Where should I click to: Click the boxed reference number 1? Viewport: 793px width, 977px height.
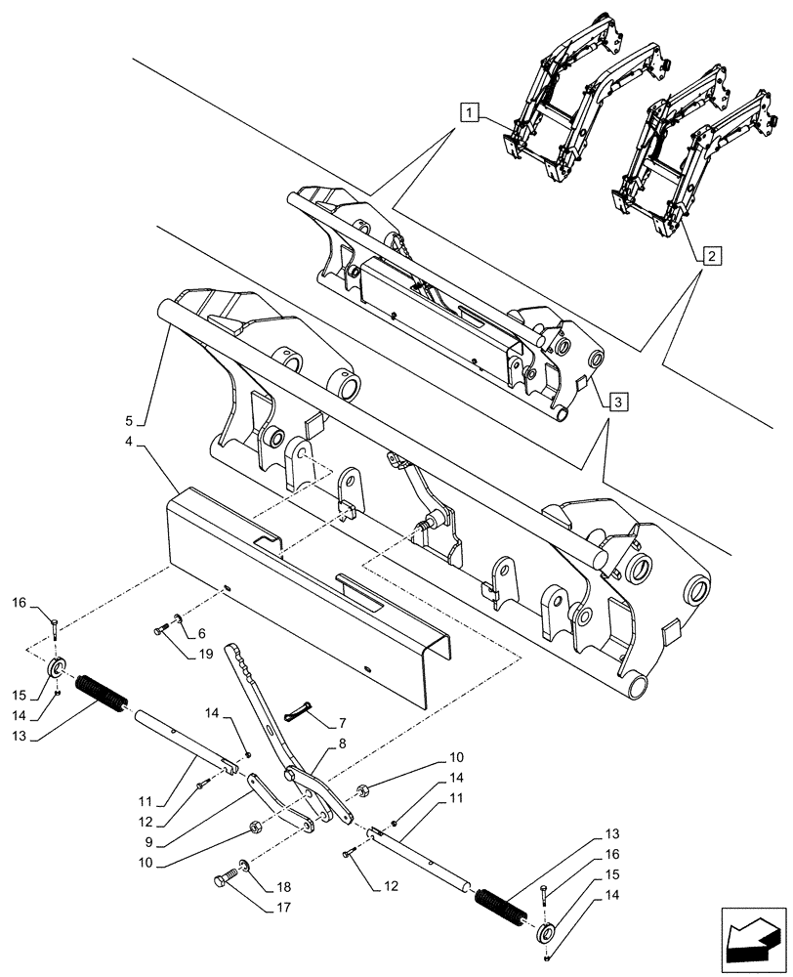(x=471, y=115)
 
